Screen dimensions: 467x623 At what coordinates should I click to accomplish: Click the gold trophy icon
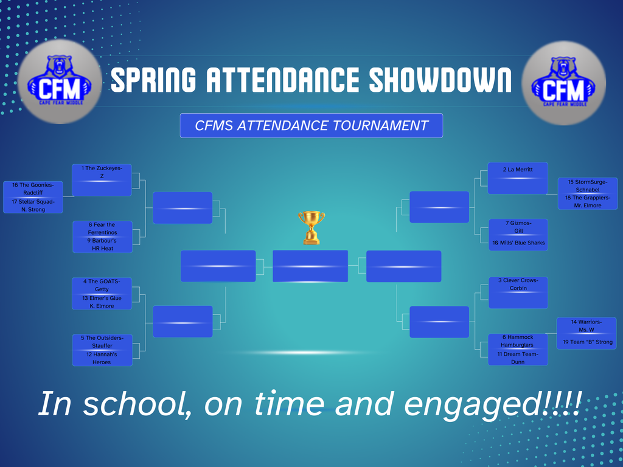point(311,227)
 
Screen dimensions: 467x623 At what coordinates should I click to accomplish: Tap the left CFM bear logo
point(60,82)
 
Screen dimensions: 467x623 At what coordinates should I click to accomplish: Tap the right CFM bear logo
point(563,82)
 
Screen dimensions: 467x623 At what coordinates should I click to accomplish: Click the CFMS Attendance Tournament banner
point(311,126)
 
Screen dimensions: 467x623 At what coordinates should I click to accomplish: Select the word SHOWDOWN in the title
point(440,80)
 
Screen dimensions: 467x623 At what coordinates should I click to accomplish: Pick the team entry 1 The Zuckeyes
point(102,172)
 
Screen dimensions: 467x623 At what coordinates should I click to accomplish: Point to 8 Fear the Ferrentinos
point(102,229)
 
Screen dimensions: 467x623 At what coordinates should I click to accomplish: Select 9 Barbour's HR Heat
point(102,244)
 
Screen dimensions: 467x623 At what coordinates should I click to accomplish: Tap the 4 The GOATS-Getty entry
point(102,285)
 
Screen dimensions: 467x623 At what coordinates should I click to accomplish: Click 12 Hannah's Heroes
point(102,358)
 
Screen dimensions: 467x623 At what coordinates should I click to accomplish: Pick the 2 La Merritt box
point(518,170)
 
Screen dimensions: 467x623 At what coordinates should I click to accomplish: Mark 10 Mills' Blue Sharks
point(518,243)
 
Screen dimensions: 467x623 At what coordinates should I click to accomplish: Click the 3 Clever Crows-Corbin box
point(518,285)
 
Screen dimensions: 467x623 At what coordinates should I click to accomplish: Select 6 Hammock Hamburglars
point(518,341)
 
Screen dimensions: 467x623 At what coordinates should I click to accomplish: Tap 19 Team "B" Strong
point(587,342)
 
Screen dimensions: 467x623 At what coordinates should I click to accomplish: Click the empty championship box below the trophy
point(310,266)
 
